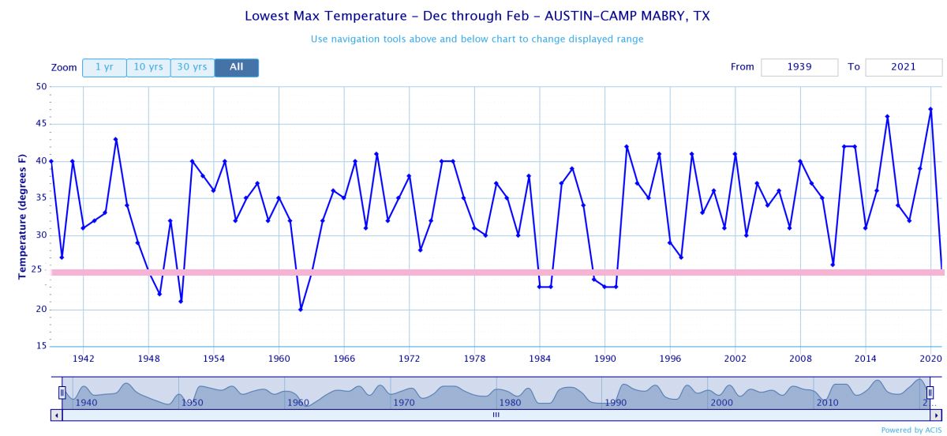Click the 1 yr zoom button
pos(104,68)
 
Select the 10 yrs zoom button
pos(148,68)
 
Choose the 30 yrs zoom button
pos(193,68)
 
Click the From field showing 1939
pos(799,67)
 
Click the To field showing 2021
pos(904,67)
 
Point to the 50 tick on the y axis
pos(41,87)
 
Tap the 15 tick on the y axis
pos(41,347)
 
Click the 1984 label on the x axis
pos(540,359)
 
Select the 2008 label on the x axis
pos(800,359)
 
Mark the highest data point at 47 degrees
pos(931,110)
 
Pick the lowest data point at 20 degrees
pos(301,310)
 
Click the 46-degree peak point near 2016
pos(887,117)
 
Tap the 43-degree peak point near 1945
pos(116,140)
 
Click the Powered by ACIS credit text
pos(911,430)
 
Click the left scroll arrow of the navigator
pos(56,414)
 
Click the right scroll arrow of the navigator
pos(936,414)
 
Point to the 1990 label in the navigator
pos(616,403)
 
